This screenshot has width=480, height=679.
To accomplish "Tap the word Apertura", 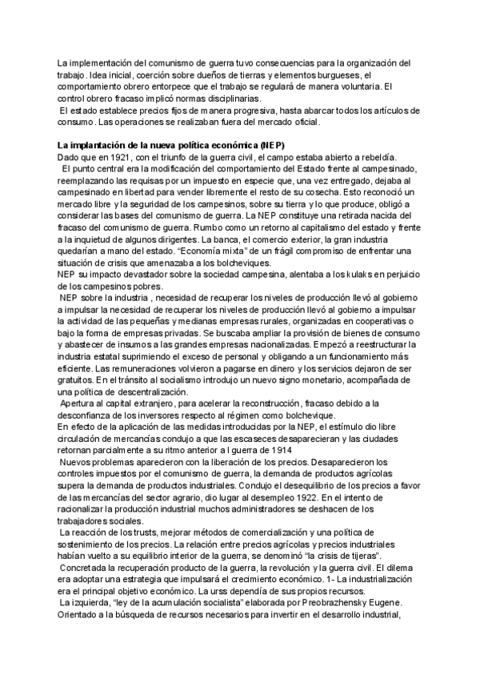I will pyautogui.click(x=80, y=404).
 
